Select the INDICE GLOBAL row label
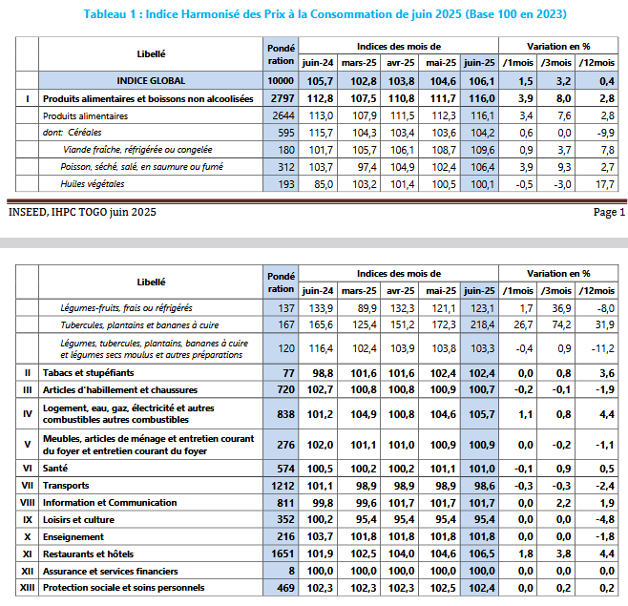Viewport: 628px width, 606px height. [x=151, y=80]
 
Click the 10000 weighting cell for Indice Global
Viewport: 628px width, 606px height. [x=280, y=80]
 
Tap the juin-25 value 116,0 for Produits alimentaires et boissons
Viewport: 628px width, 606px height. [x=478, y=97]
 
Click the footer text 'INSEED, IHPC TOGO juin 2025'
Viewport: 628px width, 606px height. [x=81, y=212]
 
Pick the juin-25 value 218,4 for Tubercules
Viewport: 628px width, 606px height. [x=478, y=325]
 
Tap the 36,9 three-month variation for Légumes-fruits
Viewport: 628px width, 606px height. [x=556, y=308]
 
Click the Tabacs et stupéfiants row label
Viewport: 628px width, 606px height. [x=88, y=372]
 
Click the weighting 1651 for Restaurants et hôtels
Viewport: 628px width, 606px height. [x=280, y=554]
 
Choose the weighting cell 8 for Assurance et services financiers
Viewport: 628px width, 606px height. [x=280, y=570]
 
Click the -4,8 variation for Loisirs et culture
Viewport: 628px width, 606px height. [x=603, y=520]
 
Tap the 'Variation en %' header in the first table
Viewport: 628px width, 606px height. [x=558, y=46]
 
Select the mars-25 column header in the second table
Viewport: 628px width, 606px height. [x=359, y=290]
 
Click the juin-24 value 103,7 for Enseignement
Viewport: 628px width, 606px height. [x=318, y=536]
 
